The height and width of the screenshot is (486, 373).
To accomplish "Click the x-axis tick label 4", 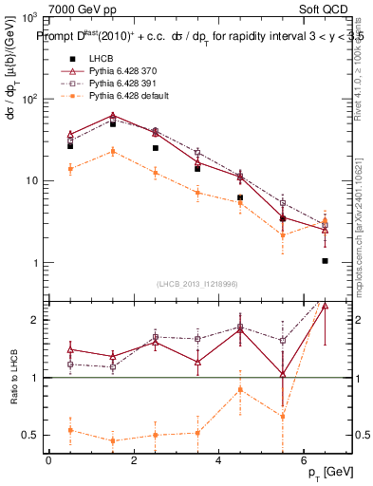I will click(218, 460).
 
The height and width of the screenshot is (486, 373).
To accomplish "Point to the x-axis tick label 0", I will click(48, 460).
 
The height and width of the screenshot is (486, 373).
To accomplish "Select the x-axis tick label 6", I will click(303, 460).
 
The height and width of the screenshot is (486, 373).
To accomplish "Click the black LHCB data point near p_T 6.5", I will click(325, 260).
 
